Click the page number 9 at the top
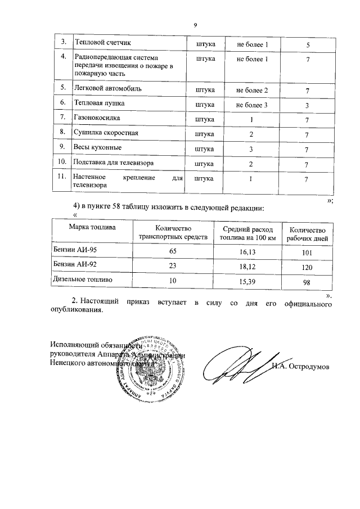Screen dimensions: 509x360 (x=195, y=25)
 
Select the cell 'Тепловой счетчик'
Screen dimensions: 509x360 (x=100, y=44)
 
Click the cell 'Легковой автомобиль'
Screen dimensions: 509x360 (x=104, y=89)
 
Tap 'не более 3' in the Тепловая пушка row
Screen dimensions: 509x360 (x=251, y=105)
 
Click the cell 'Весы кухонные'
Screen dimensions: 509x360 (x=94, y=148)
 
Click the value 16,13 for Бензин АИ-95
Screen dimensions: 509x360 (x=247, y=253)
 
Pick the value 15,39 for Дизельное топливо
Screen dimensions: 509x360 (x=247, y=280)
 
